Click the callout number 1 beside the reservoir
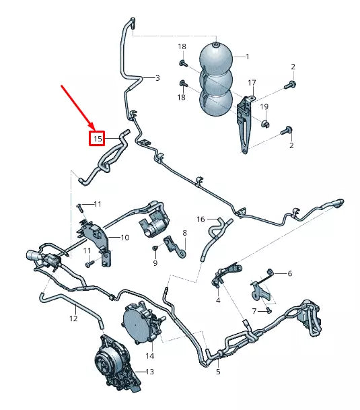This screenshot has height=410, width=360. click(x=247, y=57)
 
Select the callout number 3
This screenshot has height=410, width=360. click(x=157, y=78)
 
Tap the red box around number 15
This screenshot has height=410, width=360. click(x=98, y=139)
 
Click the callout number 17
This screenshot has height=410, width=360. click(x=252, y=83)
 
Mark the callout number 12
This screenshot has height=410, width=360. click(x=74, y=318)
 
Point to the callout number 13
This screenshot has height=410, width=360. click(x=149, y=371)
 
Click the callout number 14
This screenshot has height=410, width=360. click(x=149, y=355)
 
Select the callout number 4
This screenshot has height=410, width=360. click(x=218, y=300)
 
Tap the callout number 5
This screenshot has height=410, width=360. click(x=218, y=371)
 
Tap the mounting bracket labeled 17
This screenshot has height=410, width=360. click(x=245, y=125)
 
